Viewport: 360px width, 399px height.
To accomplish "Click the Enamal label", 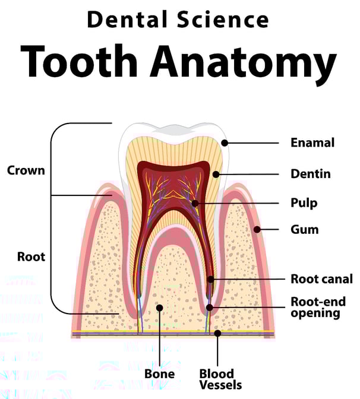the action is [x=312, y=143].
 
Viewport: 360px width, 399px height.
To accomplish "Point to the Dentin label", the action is [x=310, y=174].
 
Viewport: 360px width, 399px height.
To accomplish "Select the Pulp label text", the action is [x=304, y=203].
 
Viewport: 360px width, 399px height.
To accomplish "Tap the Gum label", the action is [x=304, y=229].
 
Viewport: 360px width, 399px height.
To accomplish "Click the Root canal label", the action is [x=320, y=278].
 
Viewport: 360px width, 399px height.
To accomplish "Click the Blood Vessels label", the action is [x=217, y=379].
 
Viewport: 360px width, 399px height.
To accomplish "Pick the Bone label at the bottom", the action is [x=159, y=374].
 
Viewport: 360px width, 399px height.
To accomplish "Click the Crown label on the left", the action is [x=26, y=170].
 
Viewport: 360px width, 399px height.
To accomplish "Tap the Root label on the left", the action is [x=31, y=258].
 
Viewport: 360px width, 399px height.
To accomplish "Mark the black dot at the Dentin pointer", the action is [x=217, y=175].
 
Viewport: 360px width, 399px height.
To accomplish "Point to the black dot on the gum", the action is [x=257, y=229].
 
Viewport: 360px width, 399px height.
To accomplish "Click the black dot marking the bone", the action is [x=159, y=308].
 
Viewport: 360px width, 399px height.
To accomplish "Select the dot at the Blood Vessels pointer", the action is [x=217, y=333].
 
